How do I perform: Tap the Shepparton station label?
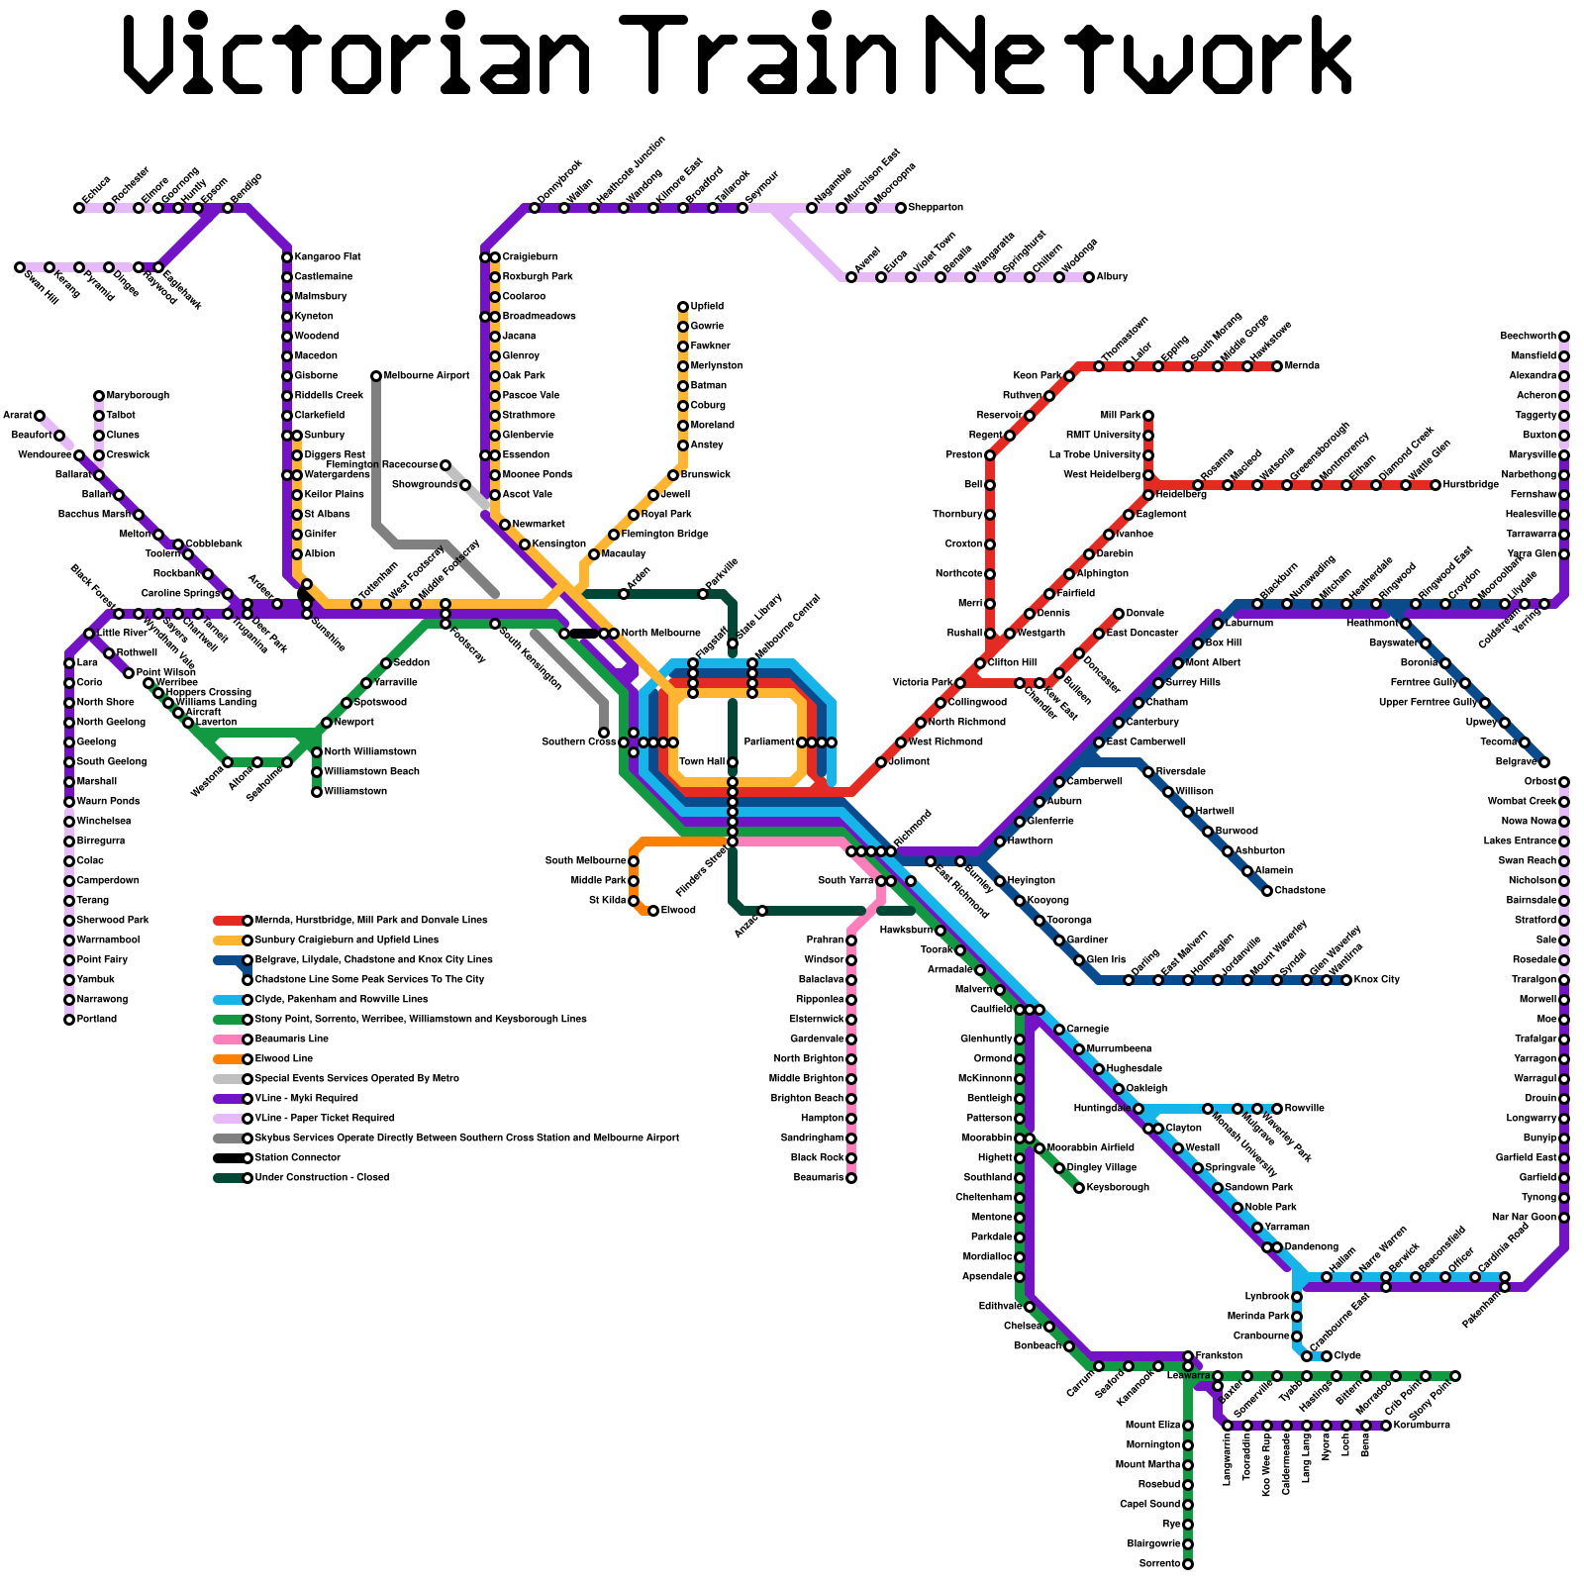[x=936, y=208]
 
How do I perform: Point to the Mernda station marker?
[x=1277, y=366]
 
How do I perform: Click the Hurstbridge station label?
[x=1471, y=485]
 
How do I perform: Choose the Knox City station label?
[x=1377, y=980]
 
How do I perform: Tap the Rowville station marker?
[x=1277, y=1109]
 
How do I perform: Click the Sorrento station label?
[x=1159, y=1564]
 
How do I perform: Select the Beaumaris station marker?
[x=851, y=1178]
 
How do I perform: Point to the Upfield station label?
[x=707, y=307]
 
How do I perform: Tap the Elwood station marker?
[x=653, y=911]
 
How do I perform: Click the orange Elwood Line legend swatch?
[x=228, y=1059]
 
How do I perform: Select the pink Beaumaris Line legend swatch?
[x=228, y=1039]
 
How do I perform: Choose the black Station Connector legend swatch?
[x=228, y=1158]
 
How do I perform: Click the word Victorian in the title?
[x=356, y=54]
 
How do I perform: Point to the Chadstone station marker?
[x=1267, y=891]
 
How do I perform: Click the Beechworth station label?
[x=1528, y=337]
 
